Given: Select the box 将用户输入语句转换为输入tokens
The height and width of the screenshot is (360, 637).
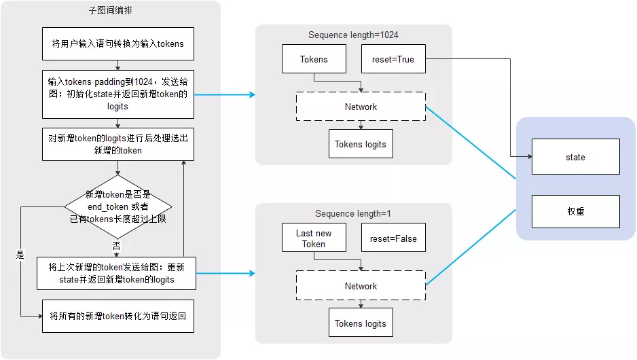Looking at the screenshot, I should tap(118, 44).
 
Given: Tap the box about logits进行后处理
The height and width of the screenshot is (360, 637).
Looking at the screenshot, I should tap(118, 144).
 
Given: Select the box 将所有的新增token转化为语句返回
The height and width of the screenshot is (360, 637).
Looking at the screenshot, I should tap(118, 316).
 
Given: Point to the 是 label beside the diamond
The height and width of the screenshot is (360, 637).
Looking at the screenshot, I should tap(20, 255).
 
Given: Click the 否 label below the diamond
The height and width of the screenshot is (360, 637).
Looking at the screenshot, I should tap(117, 244).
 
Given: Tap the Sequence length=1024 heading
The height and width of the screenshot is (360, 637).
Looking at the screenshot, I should tap(353, 35).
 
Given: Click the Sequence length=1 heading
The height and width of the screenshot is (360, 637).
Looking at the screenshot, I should tap(353, 214).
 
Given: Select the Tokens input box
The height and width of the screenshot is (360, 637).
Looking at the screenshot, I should tap(314, 59).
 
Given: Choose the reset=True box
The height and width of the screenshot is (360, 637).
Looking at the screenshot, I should tap(393, 59).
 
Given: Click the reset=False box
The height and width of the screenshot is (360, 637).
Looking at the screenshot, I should tap(393, 238).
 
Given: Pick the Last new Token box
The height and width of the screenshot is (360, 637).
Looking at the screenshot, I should tap(314, 238).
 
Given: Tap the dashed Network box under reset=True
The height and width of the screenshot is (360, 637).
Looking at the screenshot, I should tap(361, 107).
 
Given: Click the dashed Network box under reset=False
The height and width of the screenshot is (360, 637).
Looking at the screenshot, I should tap(361, 286).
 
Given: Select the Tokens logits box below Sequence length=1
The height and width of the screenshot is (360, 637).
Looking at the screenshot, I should tap(360, 323).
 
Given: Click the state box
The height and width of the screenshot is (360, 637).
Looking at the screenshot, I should tap(575, 157).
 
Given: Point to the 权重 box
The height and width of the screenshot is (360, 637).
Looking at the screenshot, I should tap(575, 211).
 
